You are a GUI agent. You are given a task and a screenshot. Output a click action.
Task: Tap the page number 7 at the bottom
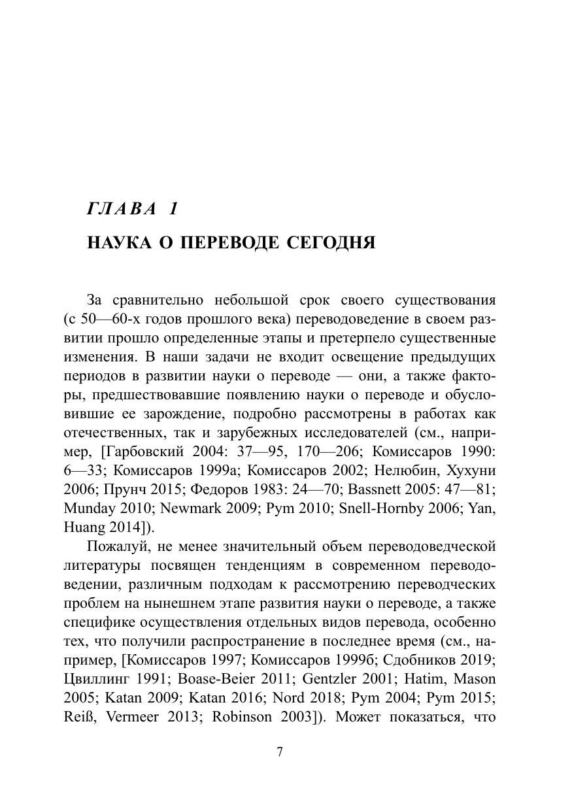pos(280,752)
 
